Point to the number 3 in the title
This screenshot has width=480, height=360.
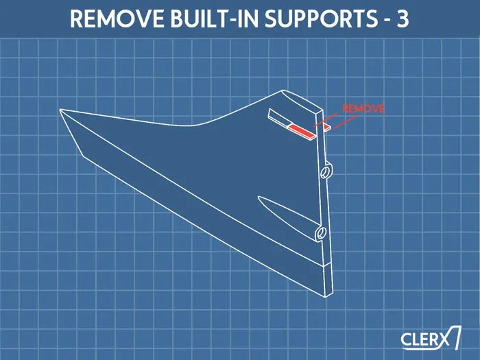click(403, 19)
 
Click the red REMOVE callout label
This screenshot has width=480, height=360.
click(363, 109)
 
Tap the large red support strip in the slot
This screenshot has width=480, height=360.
click(302, 131)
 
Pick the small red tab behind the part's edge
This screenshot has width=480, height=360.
click(327, 127)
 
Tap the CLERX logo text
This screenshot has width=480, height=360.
click(425, 339)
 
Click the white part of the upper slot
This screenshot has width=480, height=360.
click(278, 117)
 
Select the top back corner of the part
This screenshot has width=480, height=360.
click(280, 91)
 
